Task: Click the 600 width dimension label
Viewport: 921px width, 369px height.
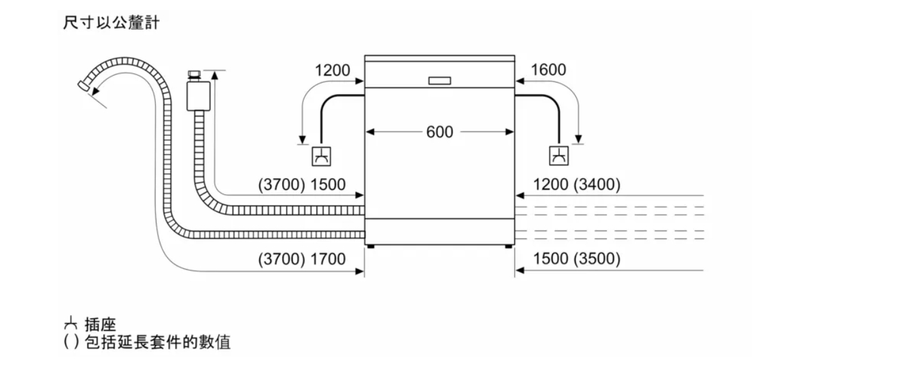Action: coord(439,132)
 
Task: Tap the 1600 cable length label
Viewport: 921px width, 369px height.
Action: coord(548,70)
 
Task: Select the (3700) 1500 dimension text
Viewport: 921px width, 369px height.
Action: coord(302,184)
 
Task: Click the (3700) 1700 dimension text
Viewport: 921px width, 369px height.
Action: coord(302,259)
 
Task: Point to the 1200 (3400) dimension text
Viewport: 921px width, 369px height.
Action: coord(577,184)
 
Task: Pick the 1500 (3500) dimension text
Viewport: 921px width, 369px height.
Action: coord(577,258)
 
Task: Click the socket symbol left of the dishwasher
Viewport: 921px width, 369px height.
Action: coord(321,156)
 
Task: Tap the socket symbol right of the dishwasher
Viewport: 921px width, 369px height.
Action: coord(559,156)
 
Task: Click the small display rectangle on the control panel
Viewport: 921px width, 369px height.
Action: coord(439,81)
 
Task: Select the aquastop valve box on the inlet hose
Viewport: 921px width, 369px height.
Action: coord(199,95)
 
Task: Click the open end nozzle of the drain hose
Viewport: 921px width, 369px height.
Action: coord(84,85)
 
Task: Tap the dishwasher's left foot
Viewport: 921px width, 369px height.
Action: coord(370,247)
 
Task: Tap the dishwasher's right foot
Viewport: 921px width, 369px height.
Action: coord(509,247)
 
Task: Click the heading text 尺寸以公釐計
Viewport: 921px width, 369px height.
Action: coord(111,22)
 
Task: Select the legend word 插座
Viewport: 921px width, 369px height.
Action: coord(100,325)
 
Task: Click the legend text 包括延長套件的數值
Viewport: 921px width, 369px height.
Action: coord(158,342)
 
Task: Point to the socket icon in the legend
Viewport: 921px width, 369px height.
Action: coord(71,324)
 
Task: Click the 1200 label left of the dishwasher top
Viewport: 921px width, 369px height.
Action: coord(332,70)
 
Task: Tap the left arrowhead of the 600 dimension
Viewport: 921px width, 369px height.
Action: coord(370,132)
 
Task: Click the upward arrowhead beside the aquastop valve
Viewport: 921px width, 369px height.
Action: coord(215,74)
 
